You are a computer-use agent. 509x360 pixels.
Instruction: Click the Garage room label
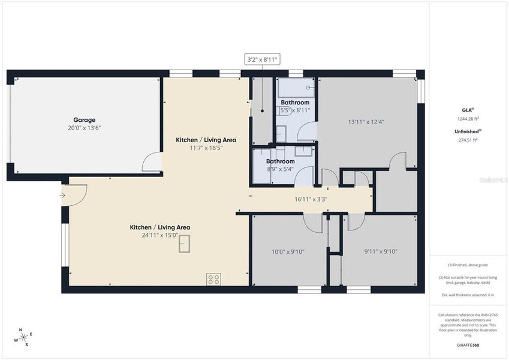85,120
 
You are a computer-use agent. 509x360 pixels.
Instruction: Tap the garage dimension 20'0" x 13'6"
85,128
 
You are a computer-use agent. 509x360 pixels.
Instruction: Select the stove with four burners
213,278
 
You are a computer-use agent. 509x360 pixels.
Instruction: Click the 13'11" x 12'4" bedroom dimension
366,122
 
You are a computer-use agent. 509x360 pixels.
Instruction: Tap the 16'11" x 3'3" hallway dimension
311,199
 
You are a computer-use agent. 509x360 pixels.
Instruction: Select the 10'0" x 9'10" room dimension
288,252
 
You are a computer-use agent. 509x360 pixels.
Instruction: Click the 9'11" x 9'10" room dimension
381,252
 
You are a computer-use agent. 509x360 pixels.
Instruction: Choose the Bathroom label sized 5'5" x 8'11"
295,103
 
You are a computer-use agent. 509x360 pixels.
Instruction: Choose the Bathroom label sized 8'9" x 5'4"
281,161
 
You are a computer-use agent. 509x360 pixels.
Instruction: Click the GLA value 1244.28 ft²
468,119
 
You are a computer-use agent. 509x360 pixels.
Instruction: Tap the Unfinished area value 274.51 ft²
468,140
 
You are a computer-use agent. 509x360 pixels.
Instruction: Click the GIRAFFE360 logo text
468,345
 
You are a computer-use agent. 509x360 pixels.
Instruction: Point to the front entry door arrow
64,194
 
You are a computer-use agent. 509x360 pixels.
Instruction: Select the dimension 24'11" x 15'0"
160,235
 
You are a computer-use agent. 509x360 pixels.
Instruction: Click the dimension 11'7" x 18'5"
206,148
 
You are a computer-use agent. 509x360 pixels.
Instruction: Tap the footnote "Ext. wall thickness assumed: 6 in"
468,295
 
